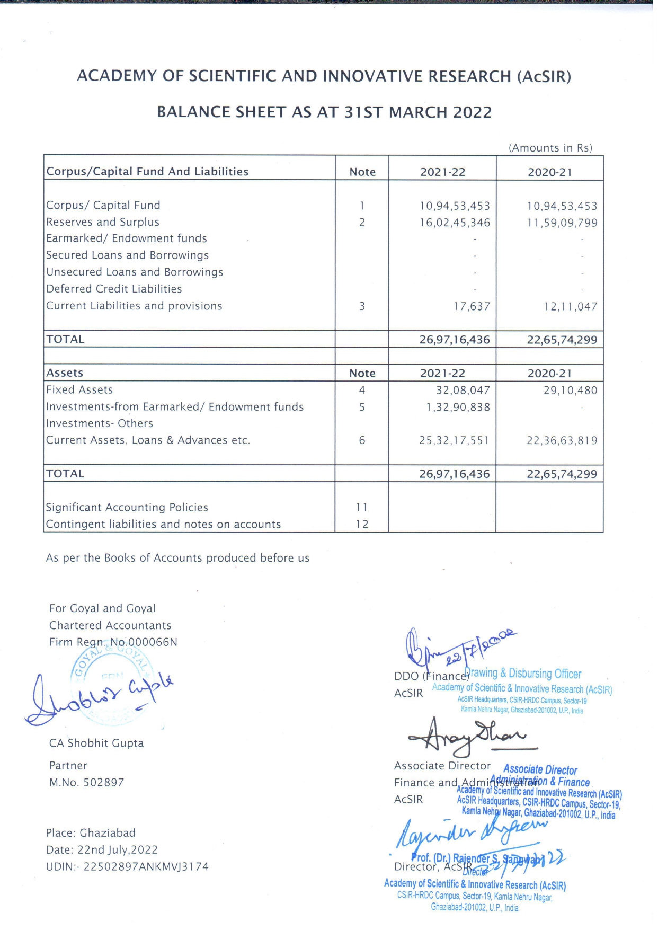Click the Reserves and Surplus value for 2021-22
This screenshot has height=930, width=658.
(x=455, y=223)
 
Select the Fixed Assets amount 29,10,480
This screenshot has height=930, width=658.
(x=570, y=391)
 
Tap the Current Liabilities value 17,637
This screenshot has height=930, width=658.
(x=471, y=307)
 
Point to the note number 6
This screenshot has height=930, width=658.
(x=362, y=441)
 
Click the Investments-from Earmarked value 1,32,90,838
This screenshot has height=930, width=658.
(x=458, y=408)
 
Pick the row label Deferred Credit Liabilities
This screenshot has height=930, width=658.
(x=114, y=289)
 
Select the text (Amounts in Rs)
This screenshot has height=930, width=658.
(x=550, y=148)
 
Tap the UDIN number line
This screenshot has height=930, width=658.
(x=127, y=867)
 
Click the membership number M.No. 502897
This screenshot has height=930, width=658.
(x=87, y=783)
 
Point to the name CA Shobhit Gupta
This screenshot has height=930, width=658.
(x=96, y=743)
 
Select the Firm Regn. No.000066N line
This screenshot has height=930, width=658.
(x=113, y=642)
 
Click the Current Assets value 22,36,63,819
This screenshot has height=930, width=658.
(x=562, y=441)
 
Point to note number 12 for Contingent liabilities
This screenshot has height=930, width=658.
(x=362, y=525)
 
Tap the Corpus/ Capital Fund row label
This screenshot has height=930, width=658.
(x=103, y=206)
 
